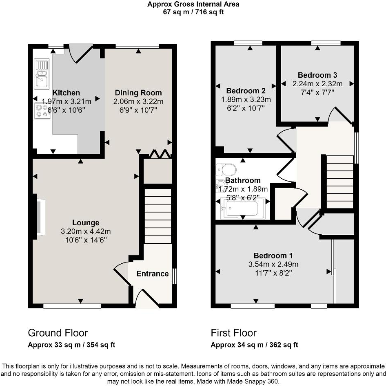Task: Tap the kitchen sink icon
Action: pyautogui.click(x=42, y=74)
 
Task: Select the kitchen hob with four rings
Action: pyautogui.click(x=42, y=111)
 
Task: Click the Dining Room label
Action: pyautogui.click(x=138, y=93)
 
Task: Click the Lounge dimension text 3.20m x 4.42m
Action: pyautogui.click(x=86, y=231)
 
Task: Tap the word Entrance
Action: pyautogui.click(x=152, y=274)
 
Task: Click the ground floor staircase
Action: pyautogui.click(x=158, y=215)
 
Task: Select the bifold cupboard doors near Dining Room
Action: pyautogui.click(x=160, y=154)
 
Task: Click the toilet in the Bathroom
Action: pyautogui.click(x=226, y=168)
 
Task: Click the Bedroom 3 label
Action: pyautogui.click(x=317, y=75)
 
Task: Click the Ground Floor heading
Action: pyautogui.click(x=58, y=332)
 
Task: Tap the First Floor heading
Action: pyautogui.click(x=233, y=332)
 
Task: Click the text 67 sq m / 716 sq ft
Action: pyautogui.click(x=193, y=12)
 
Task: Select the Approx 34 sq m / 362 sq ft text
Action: pyautogui.click(x=254, y=345)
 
